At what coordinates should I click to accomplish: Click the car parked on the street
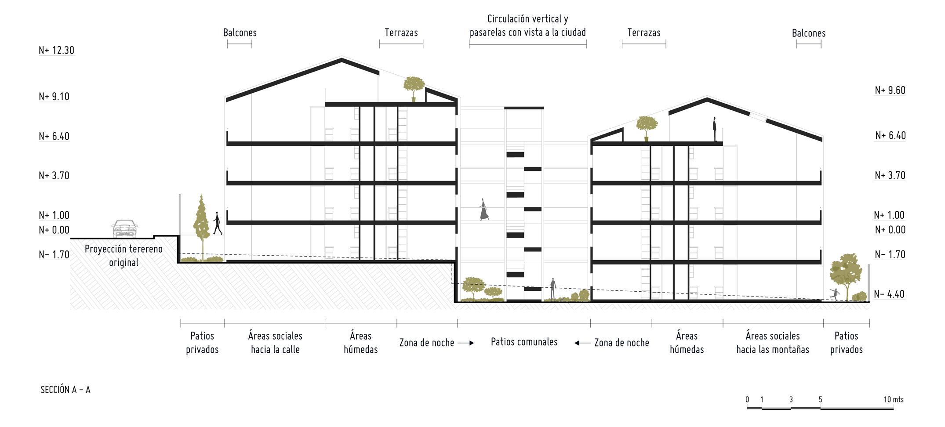[x=125, y=228]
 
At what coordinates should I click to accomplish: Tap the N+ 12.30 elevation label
[x=56, y=50]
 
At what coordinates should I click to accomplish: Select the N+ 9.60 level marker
[x=890, y=90]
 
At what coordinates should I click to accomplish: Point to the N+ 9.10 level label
[x=54, y=97]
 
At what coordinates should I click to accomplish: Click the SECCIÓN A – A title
[x=65, y=390]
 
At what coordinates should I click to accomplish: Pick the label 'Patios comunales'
[x=524, y=342]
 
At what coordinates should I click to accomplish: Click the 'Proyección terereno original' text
[x=124, y=256]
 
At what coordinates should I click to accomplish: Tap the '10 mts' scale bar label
[x=894, y=399]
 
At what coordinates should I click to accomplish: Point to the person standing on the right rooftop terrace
[x=715, y=129]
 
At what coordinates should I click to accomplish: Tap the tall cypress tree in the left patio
[x=201, y=224]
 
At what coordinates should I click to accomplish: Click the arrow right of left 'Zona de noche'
[x=465, y=343]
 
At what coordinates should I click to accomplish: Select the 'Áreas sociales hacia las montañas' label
[x=773, y=343]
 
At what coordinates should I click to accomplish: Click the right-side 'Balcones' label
[x=809, y=33]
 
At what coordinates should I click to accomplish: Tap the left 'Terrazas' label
[x=401, y=33]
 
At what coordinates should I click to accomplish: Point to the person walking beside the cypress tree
[x=217, y=223]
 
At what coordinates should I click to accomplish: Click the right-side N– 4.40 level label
[x=889, y=294]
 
